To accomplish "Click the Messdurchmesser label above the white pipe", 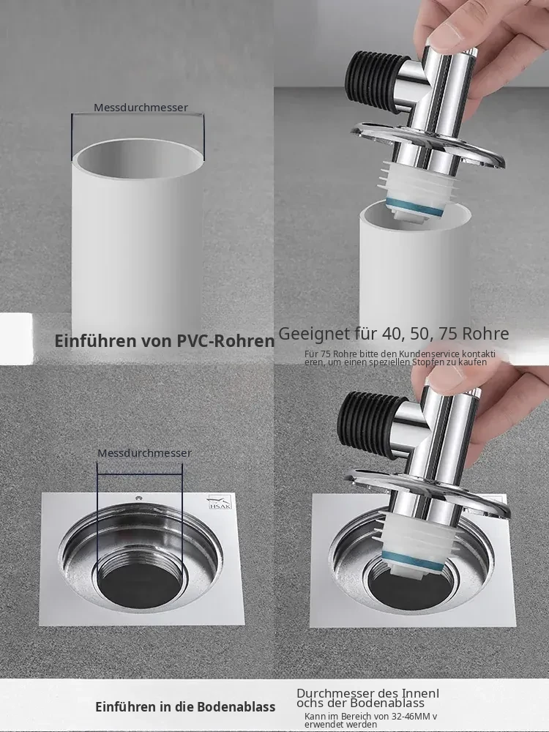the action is pyautogui.click(x=141, y=108).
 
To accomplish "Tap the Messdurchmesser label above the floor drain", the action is pyautogui.click(x=144, y=453).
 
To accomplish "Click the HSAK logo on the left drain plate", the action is pyautogui.click(x=219, y=502).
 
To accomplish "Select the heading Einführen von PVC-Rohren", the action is pyautogui.click(x=164, y=341).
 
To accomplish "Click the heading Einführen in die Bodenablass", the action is pyautogui.click(x=185, y=707).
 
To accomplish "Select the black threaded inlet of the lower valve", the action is pyautogui.click(x=362, y=424).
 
